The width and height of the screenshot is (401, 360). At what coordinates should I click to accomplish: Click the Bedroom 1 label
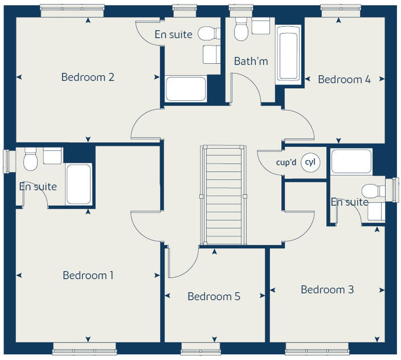88,275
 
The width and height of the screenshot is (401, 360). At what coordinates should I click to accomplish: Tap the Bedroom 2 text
88,77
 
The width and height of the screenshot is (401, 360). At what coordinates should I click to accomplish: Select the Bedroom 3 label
327,289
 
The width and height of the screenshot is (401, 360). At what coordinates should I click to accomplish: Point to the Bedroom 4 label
344,79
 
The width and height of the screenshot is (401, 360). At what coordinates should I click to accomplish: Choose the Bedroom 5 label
214,296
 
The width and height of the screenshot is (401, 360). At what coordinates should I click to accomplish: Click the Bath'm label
251,61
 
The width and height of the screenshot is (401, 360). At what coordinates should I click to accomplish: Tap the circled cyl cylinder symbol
310,162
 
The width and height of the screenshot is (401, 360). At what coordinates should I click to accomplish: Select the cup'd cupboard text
286,162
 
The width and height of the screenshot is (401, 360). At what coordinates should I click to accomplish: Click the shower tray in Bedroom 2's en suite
186,89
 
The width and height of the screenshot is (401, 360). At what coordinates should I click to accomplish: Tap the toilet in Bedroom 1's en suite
31,159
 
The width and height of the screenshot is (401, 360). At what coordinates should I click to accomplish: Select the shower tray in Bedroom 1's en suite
78,184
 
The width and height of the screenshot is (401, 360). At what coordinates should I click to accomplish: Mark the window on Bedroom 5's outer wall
200,348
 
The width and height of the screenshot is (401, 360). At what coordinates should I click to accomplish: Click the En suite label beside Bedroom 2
173,34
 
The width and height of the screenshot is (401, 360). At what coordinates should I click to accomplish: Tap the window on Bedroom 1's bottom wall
85,348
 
